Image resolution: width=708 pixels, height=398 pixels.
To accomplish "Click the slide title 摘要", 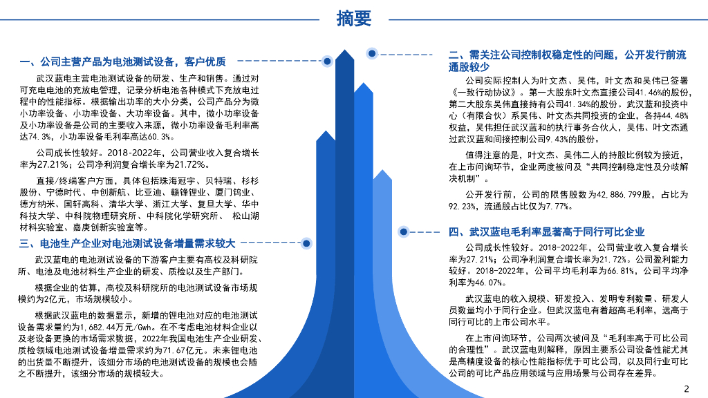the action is coord(354,19).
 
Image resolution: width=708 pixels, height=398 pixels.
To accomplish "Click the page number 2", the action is coord(686,388).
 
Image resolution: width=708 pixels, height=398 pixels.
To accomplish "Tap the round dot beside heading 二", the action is coord(372,53).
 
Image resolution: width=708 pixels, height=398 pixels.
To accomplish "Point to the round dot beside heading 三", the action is coord(305,243).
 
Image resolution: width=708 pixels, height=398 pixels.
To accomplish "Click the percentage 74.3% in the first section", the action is coord(32,136).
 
